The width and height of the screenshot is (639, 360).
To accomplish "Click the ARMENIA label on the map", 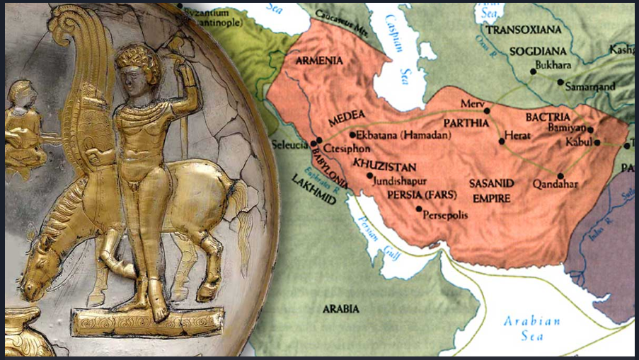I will click(320, 60).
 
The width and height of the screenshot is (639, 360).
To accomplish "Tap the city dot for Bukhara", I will click(532, 71).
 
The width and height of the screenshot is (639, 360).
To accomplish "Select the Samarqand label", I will click(590, 86).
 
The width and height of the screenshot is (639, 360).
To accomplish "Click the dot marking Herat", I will click(502, 141).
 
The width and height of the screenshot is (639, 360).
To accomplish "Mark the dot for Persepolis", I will click(419, 209).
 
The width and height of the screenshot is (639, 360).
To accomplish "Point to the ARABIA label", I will click(340, 309).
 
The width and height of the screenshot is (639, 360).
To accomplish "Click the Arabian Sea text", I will click(531, 328).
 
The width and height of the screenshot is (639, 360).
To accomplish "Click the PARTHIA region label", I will click(467, 122).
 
